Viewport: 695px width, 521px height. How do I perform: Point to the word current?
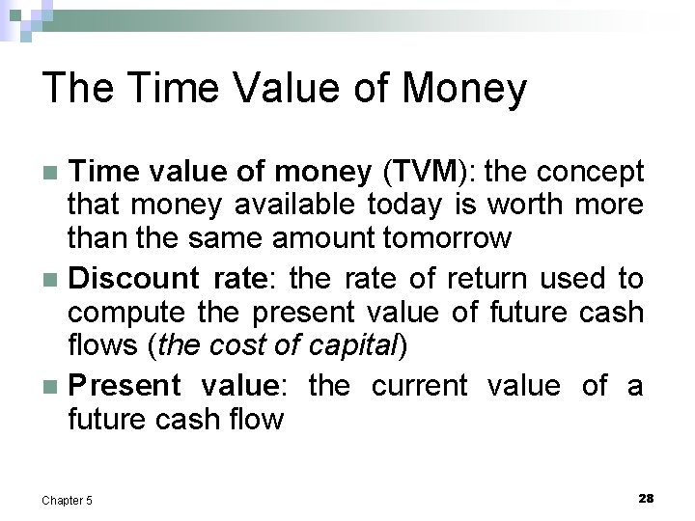(x=419, y=385)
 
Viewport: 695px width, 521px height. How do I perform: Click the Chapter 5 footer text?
(x=68, y=500)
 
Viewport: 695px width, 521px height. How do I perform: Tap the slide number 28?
(x=646, y=498)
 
